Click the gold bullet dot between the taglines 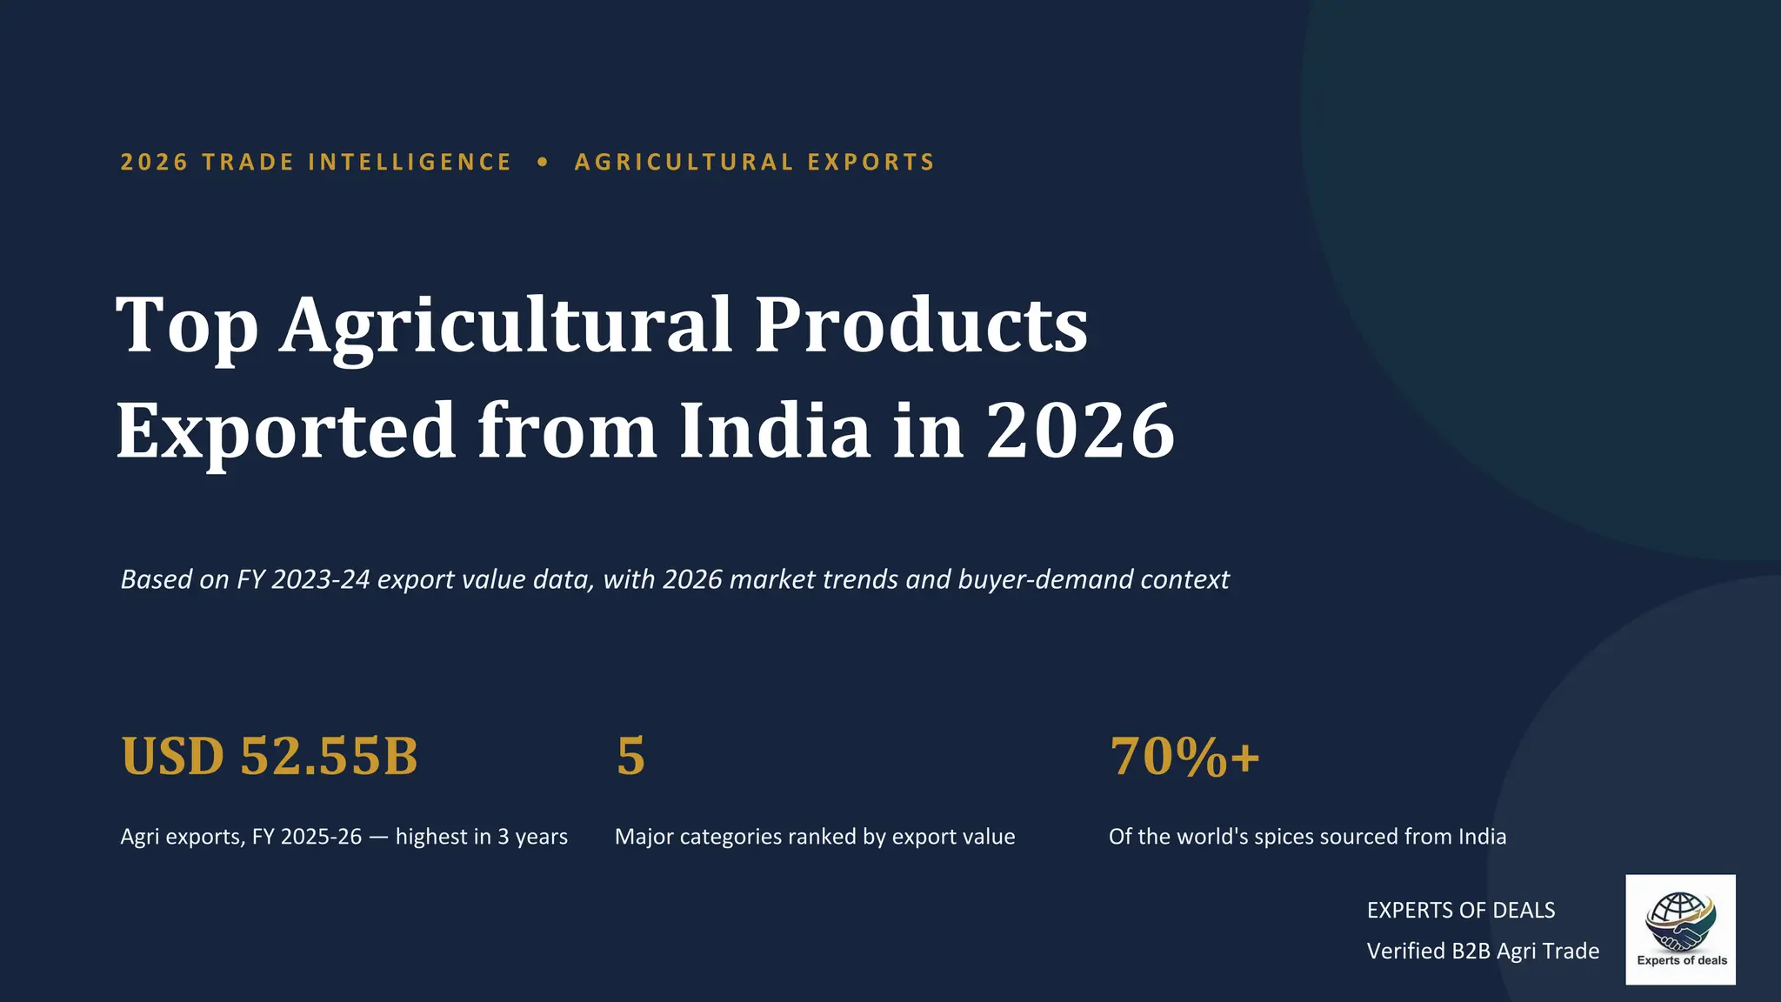[x=544, y=162]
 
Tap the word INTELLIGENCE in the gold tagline [x=410, y=162]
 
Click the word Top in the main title [x=187, y=325]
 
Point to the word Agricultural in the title [x=507, y=325]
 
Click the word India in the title [x=775, y=429]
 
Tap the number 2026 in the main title [x=1080, y=431]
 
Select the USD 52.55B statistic [x=270, y=755]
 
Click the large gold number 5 [x=630, y=755]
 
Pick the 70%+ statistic [x=1184, y=755]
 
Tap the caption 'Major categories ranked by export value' [x=815, y=837]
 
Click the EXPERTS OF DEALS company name [x=1461, y=910]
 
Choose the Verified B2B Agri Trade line [x=1483, y=951]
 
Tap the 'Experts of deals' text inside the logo [x=1682, y=960]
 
